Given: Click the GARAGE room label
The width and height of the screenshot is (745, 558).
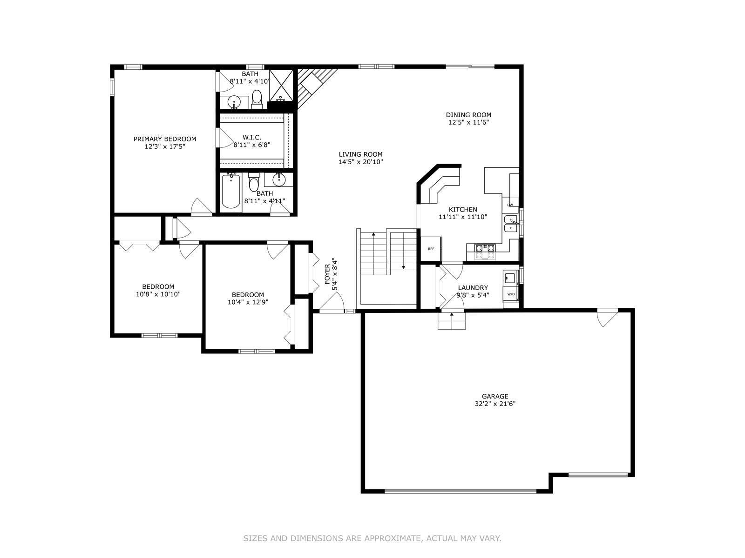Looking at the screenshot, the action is pos(495,396).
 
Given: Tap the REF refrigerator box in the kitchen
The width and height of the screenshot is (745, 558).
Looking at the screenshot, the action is pos(431,249).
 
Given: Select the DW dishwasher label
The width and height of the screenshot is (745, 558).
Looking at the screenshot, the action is pos(510,205).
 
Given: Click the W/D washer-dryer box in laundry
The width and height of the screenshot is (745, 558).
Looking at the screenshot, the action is pos(511,294).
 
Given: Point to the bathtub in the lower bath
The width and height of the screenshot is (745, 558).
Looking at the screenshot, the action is pos(231,191).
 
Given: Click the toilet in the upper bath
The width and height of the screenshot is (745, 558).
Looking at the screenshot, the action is pos(257,99).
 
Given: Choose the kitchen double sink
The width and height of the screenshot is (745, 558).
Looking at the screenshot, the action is pos(510,224).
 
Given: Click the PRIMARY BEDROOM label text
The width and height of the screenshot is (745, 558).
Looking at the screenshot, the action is pos(165,139).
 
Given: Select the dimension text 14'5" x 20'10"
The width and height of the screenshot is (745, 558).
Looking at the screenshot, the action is pos(360,162).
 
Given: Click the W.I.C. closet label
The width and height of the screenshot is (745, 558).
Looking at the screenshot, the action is pos(252,137).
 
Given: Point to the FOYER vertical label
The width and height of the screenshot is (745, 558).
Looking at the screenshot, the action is pos(327,274).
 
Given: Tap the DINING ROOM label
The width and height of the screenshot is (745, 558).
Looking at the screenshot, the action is pos(468,115).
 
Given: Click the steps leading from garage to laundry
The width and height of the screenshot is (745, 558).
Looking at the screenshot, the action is pos(451,320).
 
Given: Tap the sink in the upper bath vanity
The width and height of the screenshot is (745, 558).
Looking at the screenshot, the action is pos(234,101).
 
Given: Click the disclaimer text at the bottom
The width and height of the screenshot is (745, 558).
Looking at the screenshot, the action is pos(372,538).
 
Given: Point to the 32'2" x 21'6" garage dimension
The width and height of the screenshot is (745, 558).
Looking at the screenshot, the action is pos(495,404).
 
